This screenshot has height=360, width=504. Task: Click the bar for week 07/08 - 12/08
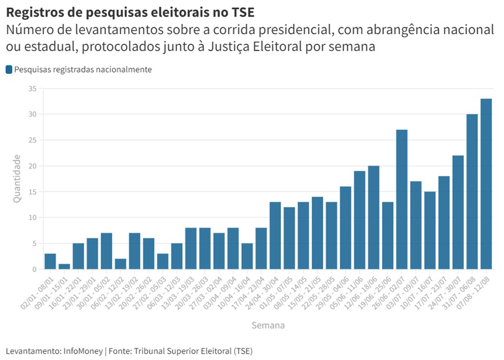(486, 184)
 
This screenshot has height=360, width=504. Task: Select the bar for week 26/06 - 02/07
(402, 199)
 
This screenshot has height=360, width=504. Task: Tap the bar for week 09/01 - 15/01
(64, 266)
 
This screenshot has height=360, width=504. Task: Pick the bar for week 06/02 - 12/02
(120, 264)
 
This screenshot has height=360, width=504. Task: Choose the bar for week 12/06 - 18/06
(374, 217)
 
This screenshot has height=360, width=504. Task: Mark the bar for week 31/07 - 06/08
(472, 192)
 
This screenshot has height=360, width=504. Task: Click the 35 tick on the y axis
(32, 89)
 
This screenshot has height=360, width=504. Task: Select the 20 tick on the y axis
(32, 166)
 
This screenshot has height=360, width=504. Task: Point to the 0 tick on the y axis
(34, 269)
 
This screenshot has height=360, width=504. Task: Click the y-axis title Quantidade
(18, 179)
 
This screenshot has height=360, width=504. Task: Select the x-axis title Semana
(268, 326)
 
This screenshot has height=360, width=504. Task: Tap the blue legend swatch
(9, 69)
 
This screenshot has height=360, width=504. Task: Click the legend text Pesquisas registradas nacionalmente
(83, 69)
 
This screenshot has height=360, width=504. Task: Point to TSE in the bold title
(243, 12)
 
